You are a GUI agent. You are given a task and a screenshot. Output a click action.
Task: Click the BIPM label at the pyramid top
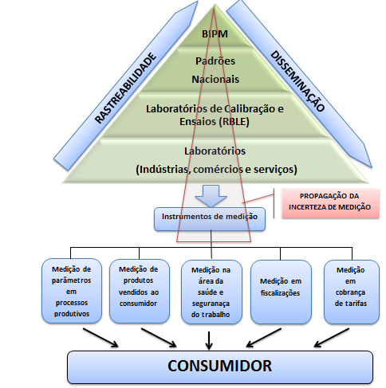[x=215, y=34]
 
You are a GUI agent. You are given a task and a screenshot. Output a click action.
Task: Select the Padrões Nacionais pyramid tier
[x=215, y=70]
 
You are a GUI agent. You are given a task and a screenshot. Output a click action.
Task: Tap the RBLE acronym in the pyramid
[x=234, y=122]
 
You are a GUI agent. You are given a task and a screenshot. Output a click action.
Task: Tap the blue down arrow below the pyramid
[x=211, y=196]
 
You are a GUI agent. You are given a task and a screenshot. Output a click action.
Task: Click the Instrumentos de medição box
[x=210, y=219]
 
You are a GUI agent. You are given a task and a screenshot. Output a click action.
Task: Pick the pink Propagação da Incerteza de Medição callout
[x=330, y=203]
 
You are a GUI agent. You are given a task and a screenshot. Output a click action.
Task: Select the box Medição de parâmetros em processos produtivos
[x=72, y=291]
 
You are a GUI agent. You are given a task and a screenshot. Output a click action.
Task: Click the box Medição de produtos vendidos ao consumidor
[x=140, y=291]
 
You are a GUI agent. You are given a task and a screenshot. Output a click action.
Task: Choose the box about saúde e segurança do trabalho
[x=211, y=292]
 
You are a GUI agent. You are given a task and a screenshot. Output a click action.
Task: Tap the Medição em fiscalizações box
[x=281, y=292]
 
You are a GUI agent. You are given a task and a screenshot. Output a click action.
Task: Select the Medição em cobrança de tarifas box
[x=352, y=292]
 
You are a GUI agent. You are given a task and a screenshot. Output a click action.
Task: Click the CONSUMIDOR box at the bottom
[x=220, y=367]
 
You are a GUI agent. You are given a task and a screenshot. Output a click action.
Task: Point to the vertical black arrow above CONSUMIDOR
[x=209, y=340]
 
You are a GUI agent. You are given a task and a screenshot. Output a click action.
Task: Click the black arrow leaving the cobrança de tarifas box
[x=332, y=338]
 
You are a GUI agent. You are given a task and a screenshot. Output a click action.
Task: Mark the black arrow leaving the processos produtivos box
[x=100, y=338]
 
